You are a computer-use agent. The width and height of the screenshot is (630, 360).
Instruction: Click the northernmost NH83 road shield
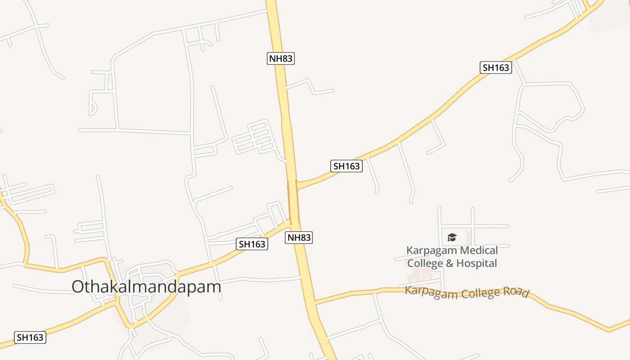tap(281, 58)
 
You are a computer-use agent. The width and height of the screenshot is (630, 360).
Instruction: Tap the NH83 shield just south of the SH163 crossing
tap(299, 238)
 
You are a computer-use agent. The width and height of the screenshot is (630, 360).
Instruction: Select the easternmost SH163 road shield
tap(495, 67)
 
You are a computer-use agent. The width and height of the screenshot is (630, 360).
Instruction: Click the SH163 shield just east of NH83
tap(346, 166)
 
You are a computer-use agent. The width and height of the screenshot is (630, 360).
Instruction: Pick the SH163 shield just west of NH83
tap(252, 244)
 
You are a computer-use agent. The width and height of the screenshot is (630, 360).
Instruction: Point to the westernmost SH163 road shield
tap(30, 337)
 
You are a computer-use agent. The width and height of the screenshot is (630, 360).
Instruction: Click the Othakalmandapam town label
tap(146, 287)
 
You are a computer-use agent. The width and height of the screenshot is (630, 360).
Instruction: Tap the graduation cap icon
tap(452, 237)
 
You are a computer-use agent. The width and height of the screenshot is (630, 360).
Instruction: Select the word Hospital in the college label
tap(477, 263)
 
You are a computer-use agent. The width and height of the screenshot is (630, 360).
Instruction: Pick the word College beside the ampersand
tap(425, 263)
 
